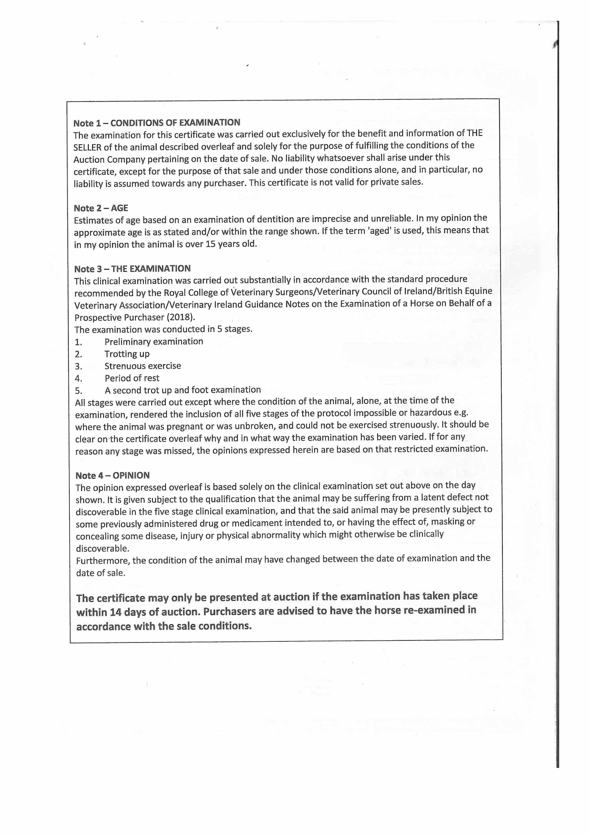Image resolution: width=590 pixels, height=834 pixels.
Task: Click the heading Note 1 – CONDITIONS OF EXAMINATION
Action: [x=157, y=123]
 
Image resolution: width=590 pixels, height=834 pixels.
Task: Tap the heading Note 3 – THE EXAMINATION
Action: [x=132, y=269]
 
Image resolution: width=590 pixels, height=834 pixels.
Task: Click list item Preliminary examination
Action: [x=154, y=341]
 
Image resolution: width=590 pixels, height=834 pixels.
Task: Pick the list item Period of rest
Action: [x=132, y=378]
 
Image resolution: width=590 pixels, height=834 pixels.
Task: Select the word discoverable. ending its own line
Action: [x=102, y=548]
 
